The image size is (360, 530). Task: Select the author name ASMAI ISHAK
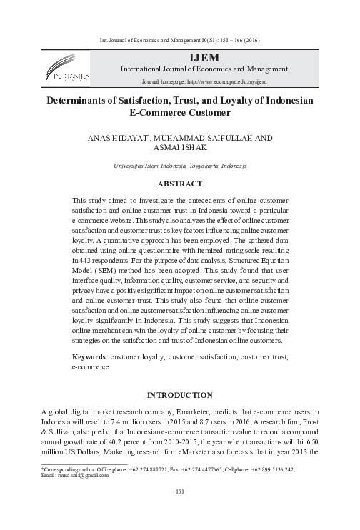(x=179, y=147)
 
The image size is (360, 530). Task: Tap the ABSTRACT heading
(x=179, y=184)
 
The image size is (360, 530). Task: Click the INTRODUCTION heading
(x=179, y=395)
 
